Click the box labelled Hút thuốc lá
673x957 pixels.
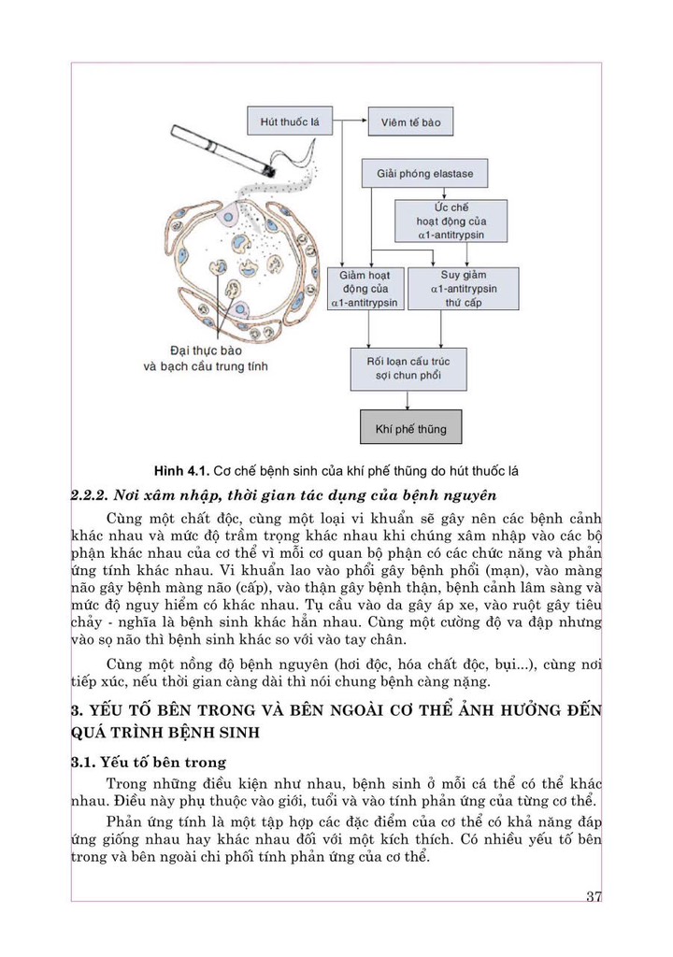(290, 121)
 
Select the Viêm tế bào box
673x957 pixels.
(410, 122)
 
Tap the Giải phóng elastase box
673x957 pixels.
(425, 174)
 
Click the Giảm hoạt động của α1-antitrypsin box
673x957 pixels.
(364, 289)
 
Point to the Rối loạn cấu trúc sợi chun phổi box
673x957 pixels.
(408, 369)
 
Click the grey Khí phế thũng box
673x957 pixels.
(410, 429)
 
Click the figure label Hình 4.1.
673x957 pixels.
(182, 470)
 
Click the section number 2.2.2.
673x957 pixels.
(90, 494)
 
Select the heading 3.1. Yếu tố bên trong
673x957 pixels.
(148, 762)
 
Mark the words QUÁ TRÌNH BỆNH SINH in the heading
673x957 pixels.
(165, 732)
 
